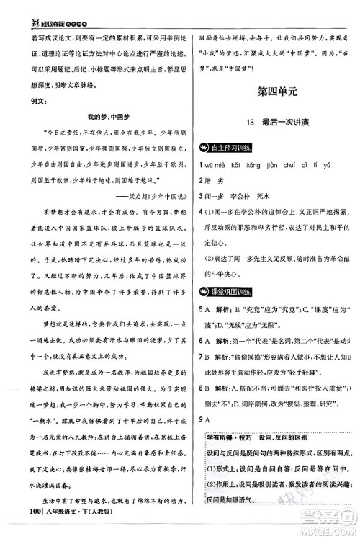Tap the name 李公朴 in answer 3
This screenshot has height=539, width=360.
pos(249,199)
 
